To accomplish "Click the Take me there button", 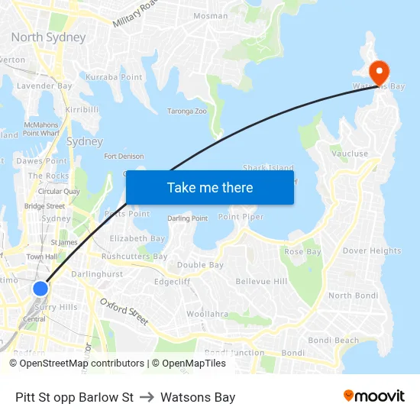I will [210, 187].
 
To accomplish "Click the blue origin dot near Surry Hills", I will [40, 289].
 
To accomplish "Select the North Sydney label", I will [48, 37].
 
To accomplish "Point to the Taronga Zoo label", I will [188, 111].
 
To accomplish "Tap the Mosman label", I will [210, 15].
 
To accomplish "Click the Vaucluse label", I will [350, 153].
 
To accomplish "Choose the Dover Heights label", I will [371, 250].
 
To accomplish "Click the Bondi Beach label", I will [333, 341].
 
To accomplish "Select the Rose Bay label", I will [302, 251].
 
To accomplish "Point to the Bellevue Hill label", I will [261, 282].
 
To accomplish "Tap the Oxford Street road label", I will [124, 311].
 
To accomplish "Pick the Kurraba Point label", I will [114, 77].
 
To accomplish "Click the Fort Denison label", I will [124, 157].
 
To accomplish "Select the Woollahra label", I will [207, 314].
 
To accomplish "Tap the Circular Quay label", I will [59, 191].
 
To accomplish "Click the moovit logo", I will [373, 396].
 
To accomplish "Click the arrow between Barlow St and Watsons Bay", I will [147, 397].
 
